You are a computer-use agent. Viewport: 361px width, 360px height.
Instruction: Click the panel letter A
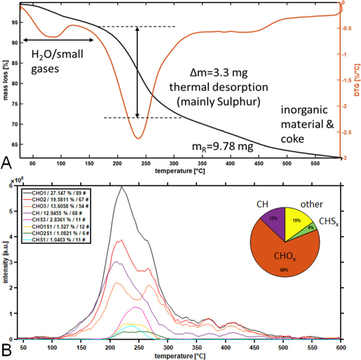6,164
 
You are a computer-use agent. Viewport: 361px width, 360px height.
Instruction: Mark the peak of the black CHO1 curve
121,187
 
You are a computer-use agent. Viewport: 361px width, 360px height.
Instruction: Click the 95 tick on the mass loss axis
11,22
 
